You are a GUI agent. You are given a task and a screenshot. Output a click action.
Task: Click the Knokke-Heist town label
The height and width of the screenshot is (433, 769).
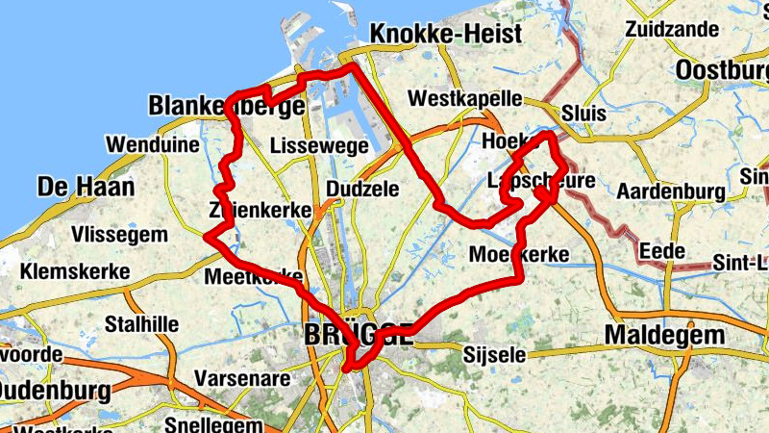pos(446,34)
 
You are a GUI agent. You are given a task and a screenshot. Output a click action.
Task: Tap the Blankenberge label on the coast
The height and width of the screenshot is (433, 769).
pos(227,106)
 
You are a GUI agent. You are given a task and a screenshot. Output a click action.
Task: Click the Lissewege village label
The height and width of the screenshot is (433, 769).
pos(319,146)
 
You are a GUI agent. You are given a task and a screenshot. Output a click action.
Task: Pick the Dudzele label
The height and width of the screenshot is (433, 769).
pos(362,189)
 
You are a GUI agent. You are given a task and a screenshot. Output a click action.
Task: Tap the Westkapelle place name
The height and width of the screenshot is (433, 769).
pos(465,99)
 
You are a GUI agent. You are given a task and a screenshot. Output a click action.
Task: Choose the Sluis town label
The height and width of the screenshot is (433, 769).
pos(585,113)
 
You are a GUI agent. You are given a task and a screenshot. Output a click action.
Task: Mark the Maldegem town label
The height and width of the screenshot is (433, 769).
pos(664,335)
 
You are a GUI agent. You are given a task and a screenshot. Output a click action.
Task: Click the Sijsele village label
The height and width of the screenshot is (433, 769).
pos(495,355)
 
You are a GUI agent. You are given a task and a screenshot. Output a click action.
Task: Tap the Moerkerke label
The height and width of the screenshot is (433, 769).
pos(520,255)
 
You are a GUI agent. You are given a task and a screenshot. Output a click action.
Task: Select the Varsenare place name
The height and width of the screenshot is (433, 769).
pos(241,378)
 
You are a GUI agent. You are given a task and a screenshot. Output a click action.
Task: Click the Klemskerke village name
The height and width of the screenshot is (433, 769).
pos(75,271)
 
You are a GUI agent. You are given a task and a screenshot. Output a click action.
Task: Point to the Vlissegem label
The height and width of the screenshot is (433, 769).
pos(119,235)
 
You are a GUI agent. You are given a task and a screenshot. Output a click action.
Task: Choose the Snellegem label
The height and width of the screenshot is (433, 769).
pos(213,423)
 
